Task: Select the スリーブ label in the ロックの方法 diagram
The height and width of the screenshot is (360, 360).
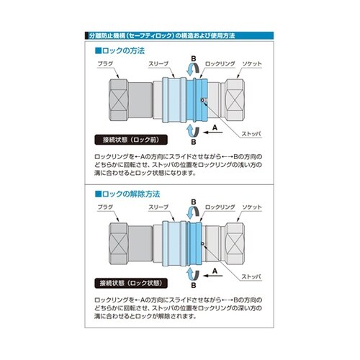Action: tap(158, 65)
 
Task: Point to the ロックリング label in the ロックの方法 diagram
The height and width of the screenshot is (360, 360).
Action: tap(217, 65)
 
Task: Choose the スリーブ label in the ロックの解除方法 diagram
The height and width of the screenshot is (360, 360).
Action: tap(158, 207)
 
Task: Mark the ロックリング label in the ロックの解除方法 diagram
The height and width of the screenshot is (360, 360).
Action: tap(217, 207)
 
